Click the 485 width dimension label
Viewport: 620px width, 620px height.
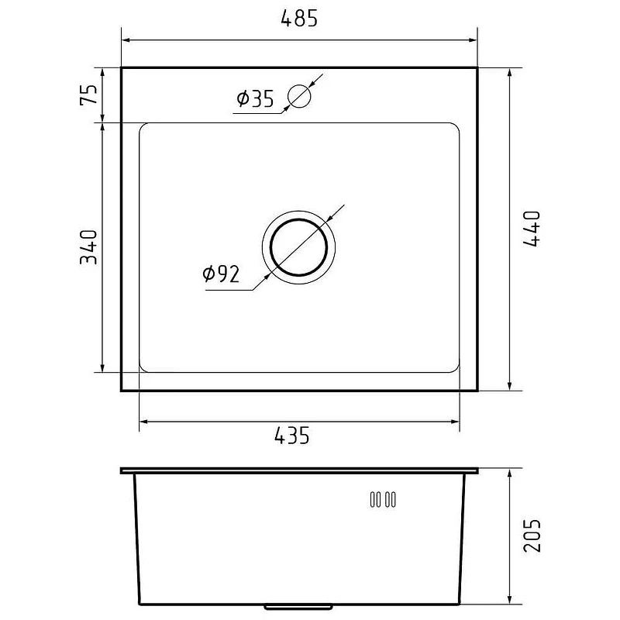point(299,19)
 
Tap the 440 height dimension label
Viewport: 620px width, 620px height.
point(532,229)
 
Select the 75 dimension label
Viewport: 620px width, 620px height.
point(88,95)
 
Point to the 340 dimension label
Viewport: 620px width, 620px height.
point(88,247)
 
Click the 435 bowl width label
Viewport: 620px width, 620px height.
point(292,436)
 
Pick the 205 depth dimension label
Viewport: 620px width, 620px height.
point(532,536)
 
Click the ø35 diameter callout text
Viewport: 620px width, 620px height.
point(255,98)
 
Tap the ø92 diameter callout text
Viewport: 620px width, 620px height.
point(221,274)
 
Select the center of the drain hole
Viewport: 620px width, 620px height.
point(298,247)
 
